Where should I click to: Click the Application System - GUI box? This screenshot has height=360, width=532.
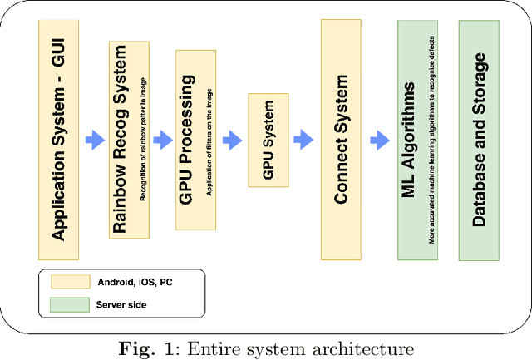59,140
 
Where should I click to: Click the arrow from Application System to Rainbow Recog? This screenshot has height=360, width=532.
94,141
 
